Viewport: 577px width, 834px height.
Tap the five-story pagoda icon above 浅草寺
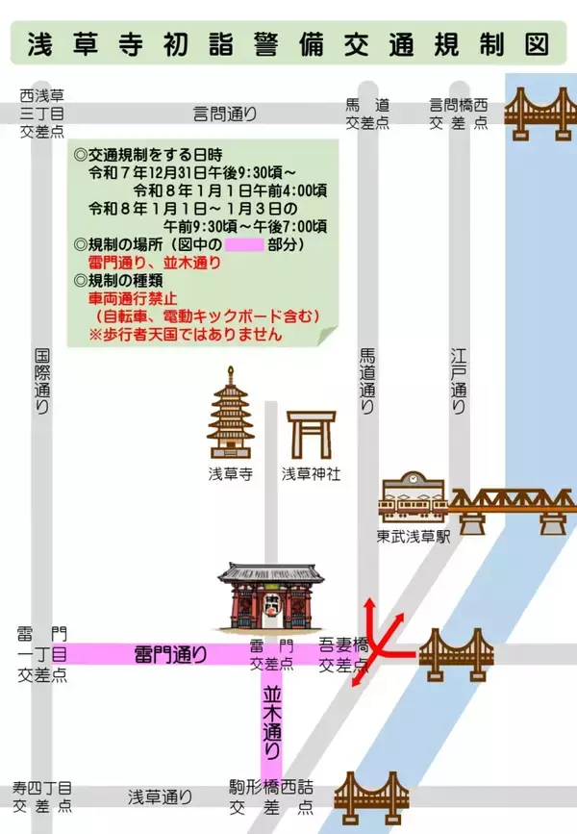click(230, 414)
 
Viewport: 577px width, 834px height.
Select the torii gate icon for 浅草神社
click(311, 434)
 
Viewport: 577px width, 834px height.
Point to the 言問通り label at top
click(225, 114)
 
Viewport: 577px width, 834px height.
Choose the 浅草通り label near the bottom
click(161, 796)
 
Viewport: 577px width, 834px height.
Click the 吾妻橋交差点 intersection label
click(344, 655)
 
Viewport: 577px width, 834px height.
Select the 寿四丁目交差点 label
click(42, 797)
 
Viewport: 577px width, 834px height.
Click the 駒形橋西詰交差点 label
click(271, 797)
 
